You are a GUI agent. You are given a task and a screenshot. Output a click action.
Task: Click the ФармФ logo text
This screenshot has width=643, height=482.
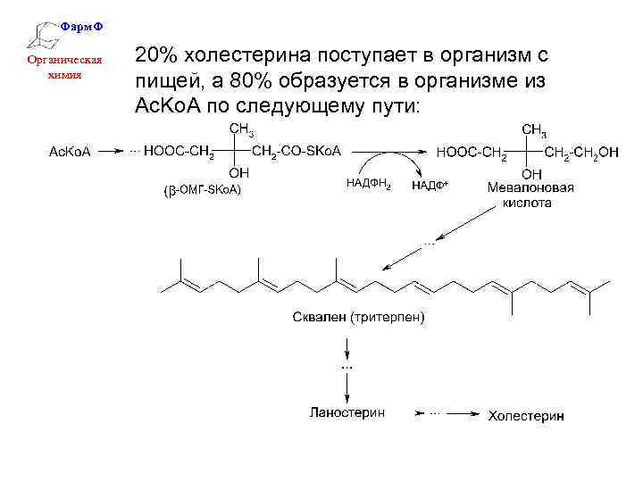click(x=81, y=28)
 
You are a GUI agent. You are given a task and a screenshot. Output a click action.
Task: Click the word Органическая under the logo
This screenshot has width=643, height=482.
click(x=63, y=62)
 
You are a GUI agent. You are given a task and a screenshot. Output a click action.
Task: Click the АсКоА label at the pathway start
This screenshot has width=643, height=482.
click(x=67, y=152)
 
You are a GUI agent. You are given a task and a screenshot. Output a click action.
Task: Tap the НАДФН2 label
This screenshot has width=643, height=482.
click(x=367, y=184)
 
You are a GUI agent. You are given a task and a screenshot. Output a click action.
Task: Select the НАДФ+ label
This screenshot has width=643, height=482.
click(x=430, y=186)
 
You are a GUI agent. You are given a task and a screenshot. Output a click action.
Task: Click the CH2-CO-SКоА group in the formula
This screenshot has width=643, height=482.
click(x=297, y=152)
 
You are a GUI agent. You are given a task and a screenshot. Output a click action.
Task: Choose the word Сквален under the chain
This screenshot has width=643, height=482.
click(x=320, y=318)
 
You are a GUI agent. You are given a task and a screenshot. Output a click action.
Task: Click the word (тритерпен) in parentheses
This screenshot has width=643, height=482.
click(x=388, y=318)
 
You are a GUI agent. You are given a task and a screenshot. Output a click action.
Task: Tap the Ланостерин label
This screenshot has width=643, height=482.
click(x=347, y=414)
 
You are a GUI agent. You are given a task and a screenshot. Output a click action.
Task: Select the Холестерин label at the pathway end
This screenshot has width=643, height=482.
click(x=526, y=415)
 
